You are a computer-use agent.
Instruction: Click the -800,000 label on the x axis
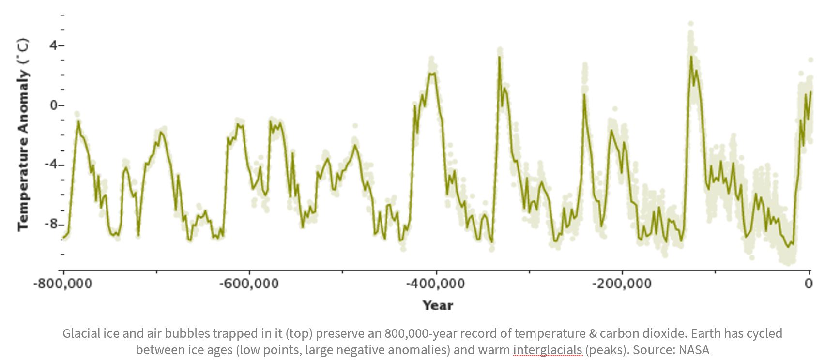62,283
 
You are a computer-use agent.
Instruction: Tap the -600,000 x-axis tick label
249,283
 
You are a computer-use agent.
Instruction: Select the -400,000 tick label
435,283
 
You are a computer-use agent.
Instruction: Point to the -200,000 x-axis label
622,283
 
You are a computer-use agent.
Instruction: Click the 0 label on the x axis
809,283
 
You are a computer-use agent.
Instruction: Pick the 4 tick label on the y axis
53,45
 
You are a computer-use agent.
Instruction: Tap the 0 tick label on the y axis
53,105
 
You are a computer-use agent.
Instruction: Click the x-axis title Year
438,306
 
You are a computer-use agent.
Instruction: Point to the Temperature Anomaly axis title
23,135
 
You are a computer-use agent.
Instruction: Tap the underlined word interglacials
547,350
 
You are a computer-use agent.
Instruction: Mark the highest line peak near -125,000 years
691,57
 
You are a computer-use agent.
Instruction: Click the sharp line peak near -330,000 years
499,57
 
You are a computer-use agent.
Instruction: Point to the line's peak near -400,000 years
432,73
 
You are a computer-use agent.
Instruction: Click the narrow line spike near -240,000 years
584,95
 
